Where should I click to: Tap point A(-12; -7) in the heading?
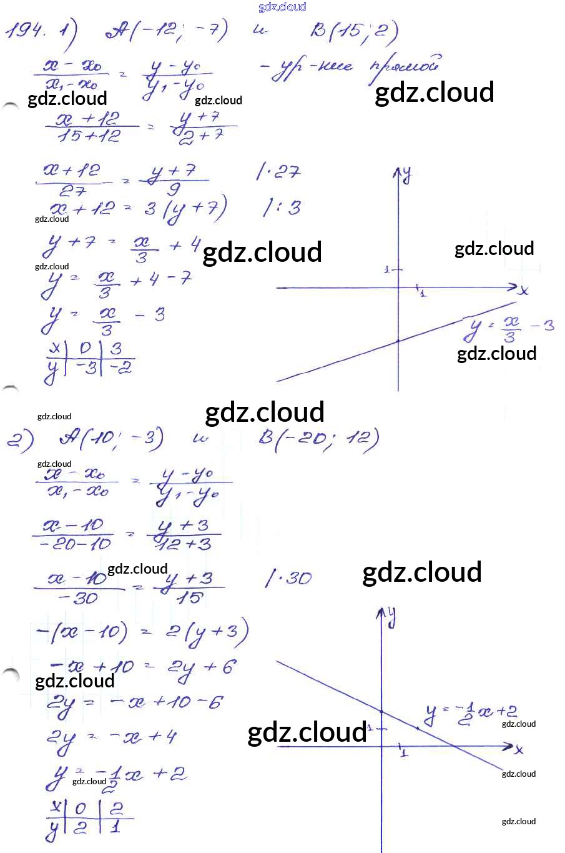coord(165,29)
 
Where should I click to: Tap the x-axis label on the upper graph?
coord(523,291)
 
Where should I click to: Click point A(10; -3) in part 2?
coord(111,439)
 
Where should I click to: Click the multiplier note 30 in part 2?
coord(289,578)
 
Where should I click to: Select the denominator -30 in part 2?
coord(77,598)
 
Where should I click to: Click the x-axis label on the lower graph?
coord(519,749)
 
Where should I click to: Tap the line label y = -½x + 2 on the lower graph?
coord(471,713)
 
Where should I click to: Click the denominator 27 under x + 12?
coord(72,190)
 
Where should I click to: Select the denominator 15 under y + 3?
coord(189,597)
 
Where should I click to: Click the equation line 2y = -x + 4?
coord(112,737)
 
